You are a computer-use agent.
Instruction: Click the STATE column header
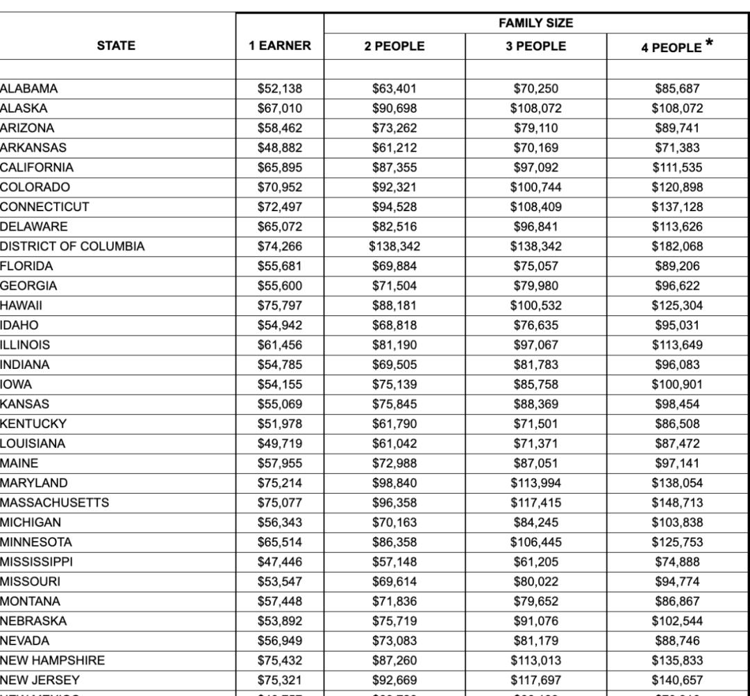pyautogui.click(x=117, y=46)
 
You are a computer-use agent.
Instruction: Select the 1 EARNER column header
pyautogui.click(x=280, y=46)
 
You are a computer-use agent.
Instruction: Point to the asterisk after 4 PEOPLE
pyautogui.click(x=709, y=44)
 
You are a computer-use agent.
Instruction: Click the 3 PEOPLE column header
pyautogui.click(x=535, y=47)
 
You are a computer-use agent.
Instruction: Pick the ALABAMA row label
pyautogui.click(x=29, y=89)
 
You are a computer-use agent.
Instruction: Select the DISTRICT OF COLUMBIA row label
pyautogui.click(x=72, y=247)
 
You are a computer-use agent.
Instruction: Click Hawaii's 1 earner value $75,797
pyautogui.click(x=280, y=306)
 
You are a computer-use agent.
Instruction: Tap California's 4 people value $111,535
pyautogui.click(x=677, y=167)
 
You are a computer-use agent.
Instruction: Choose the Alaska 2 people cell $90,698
pyautogui.click(x=394, y=108)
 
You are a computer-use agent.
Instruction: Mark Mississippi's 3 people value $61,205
pyautogui.click(x=535, y=562)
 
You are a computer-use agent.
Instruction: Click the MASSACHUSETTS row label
pyautogui.click(x=54, y=503)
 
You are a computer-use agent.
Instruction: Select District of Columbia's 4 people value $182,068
pyautogui.click(x=677, y=247)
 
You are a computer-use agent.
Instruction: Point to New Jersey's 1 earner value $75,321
pyautogui.click(x=280, y=680)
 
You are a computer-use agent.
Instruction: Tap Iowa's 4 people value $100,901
pyautogui.click(x=677, y=384)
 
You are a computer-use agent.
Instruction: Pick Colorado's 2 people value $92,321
pyautogui.click(x=394, y=188)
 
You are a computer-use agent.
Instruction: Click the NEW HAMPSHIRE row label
pyautogui.click(x=53, y=661)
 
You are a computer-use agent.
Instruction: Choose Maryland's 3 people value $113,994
pyautogui.click(x=535, y=483)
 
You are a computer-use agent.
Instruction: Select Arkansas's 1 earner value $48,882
pyautogui.click(x=280, y=148)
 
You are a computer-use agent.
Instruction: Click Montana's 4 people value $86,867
pyautogui.click(x=677, y=602)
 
